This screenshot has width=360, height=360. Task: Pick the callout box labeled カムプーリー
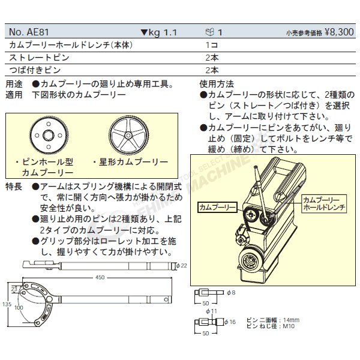click(x=215, y=206)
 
